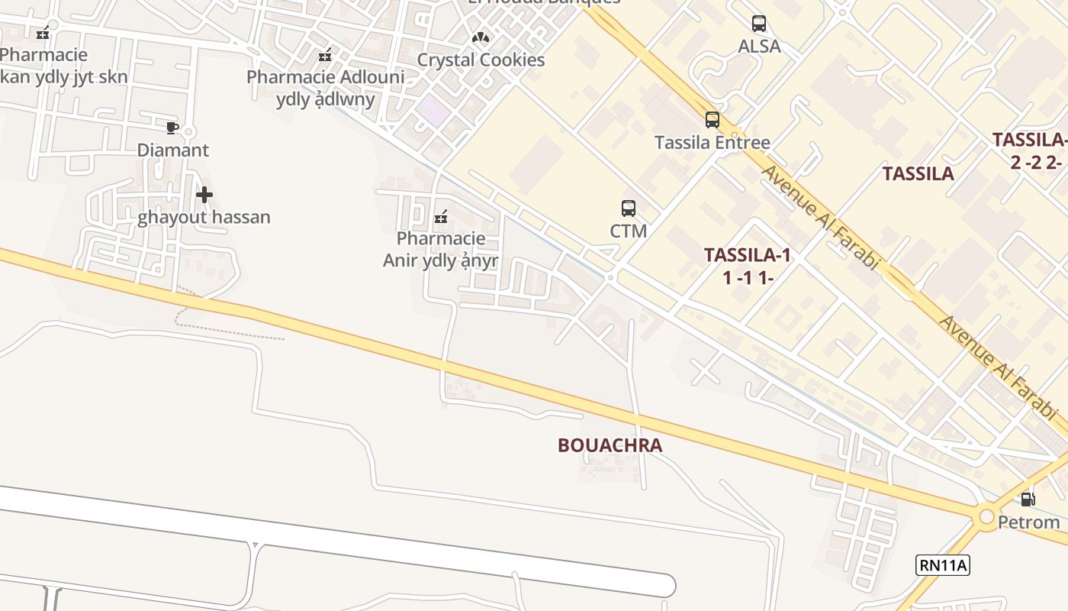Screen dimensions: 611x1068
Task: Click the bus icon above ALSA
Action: [759, 24]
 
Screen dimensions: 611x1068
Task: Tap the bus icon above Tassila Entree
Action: [713, 120]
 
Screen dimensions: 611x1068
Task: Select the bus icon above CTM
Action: [629, 208]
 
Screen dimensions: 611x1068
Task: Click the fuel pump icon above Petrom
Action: [1028, 499]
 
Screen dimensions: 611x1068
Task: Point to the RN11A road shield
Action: [943, 565]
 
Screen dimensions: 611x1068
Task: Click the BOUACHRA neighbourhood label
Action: [610, 445]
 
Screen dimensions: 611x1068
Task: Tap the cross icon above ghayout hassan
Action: [204, 195]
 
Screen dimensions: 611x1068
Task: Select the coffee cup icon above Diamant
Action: [172, 128]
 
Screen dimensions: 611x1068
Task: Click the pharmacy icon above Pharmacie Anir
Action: [440, 218]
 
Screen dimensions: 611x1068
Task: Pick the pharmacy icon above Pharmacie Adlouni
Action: [326, 55]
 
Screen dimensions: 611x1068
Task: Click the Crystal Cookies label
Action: [481, 60]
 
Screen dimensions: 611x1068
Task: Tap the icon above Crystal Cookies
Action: [480, 37]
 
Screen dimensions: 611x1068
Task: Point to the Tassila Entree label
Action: [713, 143]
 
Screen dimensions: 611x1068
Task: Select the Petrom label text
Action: [1029, 522]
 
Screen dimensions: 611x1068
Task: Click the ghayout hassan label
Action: [204, 217]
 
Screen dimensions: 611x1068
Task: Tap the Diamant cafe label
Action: [172, 150]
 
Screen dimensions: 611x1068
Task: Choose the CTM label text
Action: [629, 231]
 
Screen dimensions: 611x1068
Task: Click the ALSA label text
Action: [759, 47]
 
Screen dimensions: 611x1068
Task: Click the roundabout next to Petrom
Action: [987, 516]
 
